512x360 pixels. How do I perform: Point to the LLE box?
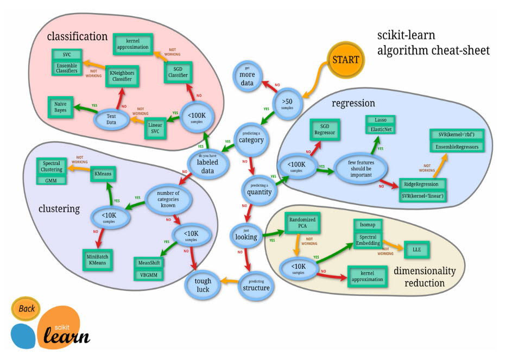click(416, 250)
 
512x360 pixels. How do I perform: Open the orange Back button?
click(27, 308)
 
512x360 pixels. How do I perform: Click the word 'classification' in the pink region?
click(77, 36)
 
